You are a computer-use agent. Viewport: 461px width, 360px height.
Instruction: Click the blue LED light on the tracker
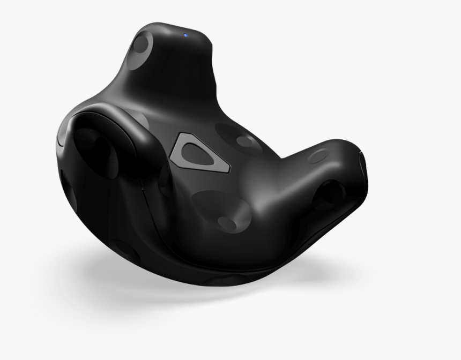click(x=185, y=35)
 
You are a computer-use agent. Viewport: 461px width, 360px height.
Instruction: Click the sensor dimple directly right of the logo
click(x=247, y=141)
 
